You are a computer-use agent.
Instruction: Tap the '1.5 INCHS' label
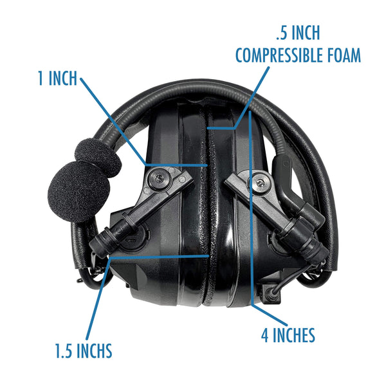tap(83, 351)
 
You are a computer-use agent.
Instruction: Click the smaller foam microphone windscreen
tap(96, 158)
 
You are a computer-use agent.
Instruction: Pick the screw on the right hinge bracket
tap(260, 187)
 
